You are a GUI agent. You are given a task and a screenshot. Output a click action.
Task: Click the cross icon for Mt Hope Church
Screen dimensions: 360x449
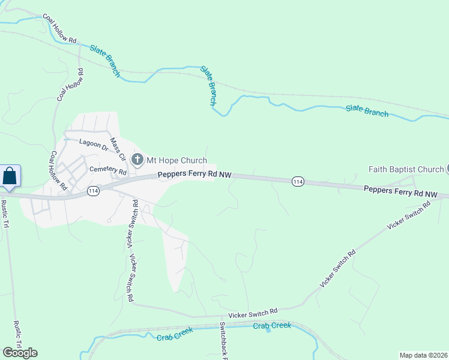137,160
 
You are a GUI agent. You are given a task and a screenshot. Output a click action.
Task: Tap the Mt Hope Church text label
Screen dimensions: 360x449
176,160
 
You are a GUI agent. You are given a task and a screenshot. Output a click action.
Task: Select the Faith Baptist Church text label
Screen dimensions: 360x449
406,169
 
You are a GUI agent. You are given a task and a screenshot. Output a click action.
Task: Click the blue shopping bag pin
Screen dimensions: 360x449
10,176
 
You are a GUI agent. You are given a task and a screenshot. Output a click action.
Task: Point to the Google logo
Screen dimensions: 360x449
20,352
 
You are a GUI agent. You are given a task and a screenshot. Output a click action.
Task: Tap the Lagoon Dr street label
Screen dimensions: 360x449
94,145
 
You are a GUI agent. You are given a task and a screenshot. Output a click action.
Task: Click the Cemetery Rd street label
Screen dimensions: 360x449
108,170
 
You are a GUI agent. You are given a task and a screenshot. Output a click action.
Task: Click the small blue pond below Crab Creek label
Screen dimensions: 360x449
268,332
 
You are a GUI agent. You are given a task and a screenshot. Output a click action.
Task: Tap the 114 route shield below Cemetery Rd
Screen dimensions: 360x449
92,191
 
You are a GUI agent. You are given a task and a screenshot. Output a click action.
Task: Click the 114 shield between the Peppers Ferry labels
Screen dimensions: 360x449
297,181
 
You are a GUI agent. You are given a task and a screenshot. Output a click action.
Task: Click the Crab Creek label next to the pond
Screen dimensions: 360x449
271,325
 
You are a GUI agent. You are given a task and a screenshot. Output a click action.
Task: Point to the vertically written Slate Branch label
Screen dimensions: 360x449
208,86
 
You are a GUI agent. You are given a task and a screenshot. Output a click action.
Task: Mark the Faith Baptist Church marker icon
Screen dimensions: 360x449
447,169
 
